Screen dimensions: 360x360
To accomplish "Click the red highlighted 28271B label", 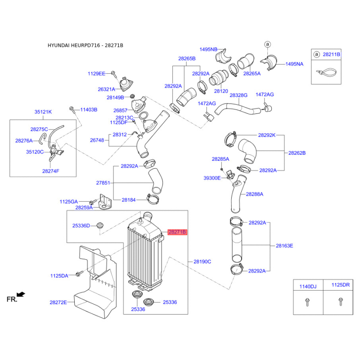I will [x=177, y=232].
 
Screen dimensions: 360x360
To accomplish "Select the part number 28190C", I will [x=202, y=261].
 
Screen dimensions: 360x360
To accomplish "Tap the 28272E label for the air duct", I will [x=58, y=302].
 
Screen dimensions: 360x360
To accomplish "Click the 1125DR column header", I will [x=340, y=285].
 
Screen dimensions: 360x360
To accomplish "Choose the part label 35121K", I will [x=43, y=112].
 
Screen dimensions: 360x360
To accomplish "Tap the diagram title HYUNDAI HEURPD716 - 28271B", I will [x=85, y=45].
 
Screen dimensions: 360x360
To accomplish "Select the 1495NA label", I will [x=294, y=64].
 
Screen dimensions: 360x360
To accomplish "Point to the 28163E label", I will [x=284, y=246].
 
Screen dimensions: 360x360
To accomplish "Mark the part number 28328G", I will [x=238, y=95].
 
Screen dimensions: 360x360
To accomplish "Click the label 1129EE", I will [x=96, y=73].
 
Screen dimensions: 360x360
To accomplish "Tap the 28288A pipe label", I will [x=254, y=194].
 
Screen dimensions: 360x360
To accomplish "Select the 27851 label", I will [x=103, y=183].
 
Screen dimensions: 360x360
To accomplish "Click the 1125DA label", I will [x=59, y=275].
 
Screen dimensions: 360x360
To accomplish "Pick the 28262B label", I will [x=297, y=153].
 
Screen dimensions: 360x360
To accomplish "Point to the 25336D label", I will [x=81, y=225].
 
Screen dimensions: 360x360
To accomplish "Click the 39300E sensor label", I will [x=212, y=178].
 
